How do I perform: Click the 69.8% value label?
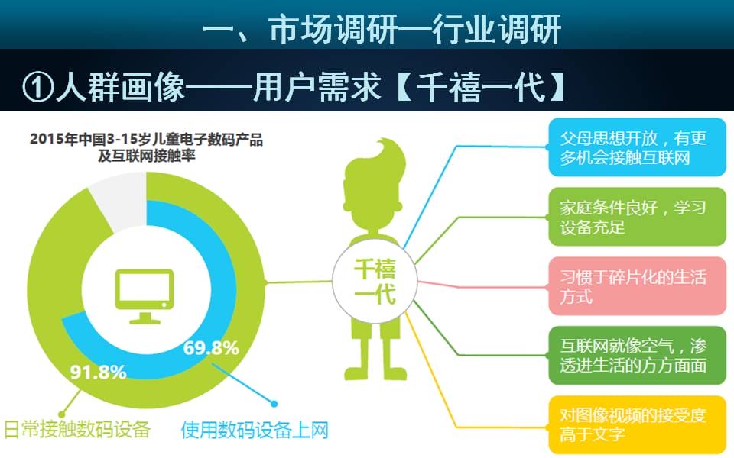(x=211, y=348)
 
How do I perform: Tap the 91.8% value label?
(x=99, y=372)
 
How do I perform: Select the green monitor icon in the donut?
(x=145, y=296)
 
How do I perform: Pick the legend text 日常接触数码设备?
(x=77, y=430)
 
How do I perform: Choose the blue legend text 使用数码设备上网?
(x=255, y=430)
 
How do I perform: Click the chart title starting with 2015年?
(x=147, y=147)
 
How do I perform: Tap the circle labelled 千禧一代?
(x=375, y=282)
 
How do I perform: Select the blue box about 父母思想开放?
(x=637, y=147)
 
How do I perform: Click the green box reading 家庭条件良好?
(x=637, y=217)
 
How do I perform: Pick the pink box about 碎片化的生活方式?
(x=637, y=286)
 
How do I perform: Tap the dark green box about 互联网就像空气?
(x=637, y=355)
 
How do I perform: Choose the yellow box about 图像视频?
(x=637, y=424)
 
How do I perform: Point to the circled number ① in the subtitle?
(x=38, y=86)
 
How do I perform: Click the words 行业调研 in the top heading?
(x=496, y=29)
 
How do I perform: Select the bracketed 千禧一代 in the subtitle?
(x=481, y=87)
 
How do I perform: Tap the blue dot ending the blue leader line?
(x=274, y=403)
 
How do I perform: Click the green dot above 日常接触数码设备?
(x=61, y=414)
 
